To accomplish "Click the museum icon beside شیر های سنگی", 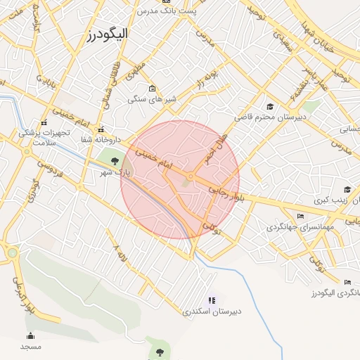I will pos(153,89).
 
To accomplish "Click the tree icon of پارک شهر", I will pos(115,161).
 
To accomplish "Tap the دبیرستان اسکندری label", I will pos(212,311).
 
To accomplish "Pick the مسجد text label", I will pos(30,347).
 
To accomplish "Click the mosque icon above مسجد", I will pos(30,335).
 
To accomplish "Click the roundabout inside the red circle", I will pos(190,176).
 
